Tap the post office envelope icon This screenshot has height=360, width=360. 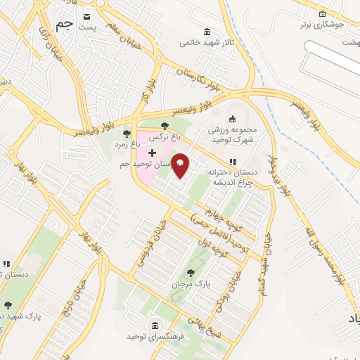click(86, 17)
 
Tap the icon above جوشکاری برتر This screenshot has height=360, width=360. click(322, 14)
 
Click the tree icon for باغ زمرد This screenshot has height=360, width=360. click(127, 132)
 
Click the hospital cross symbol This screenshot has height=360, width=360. click(152, 153)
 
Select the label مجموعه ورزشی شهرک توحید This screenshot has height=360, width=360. click(233, 134)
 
